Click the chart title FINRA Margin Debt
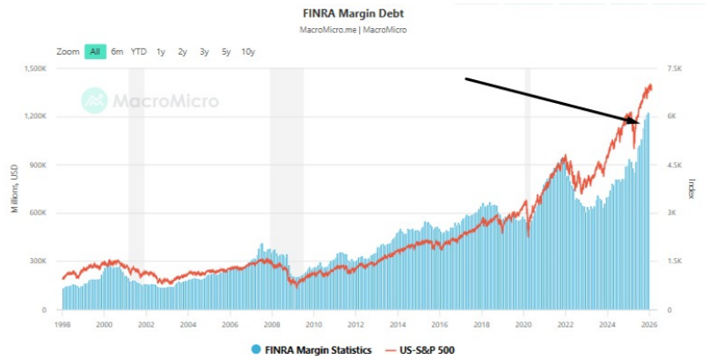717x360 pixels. [x=358, y=14]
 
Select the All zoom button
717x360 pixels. [x=95, y=52]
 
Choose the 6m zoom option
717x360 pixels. [x=117, y=52]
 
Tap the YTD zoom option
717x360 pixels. [x=138, y=52]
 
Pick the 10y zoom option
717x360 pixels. [x=248, y=52]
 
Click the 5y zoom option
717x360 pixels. [x=226, y=52]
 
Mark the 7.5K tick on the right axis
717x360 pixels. [x=673, y=68]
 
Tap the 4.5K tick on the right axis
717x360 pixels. [x=673, y=165]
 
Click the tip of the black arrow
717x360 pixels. [x=641, y=121]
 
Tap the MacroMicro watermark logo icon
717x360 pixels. [x=94, y=100]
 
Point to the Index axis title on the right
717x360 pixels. [x=691, y=188]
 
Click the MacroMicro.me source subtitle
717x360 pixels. [x=358, y=29]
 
